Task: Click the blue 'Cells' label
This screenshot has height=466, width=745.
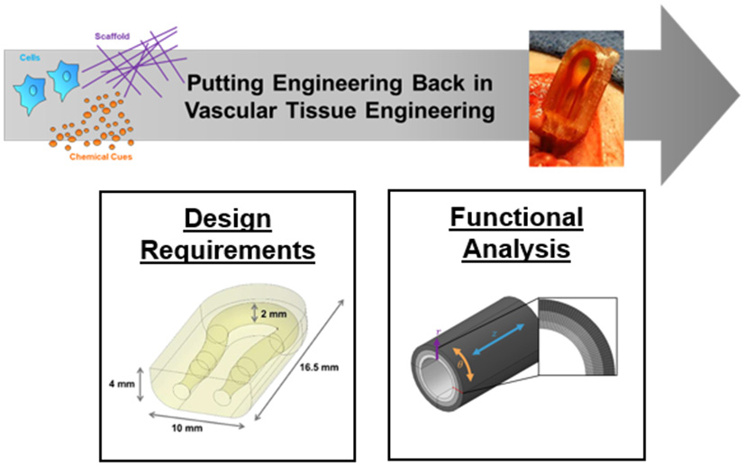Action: coord(30,58)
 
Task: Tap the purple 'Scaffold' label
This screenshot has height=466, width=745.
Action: coord(112,36)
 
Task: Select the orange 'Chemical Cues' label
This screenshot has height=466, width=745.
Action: coord(101,157)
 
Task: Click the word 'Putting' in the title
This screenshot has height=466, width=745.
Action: coord(224,83)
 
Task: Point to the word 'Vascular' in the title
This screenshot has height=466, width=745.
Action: coord(231,110)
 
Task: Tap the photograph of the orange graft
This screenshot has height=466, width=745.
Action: coord(577,98)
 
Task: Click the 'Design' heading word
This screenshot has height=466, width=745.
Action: coord(228,219)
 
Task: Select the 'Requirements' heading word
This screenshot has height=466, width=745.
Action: coord(228,250)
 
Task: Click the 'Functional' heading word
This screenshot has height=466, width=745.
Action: coord(516,217)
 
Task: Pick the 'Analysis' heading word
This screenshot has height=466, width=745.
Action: coord(516,249)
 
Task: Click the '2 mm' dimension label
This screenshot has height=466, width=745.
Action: coord(274,314)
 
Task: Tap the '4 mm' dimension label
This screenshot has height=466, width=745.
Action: coord(122,384)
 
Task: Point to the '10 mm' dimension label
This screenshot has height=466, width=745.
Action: coord(186,428)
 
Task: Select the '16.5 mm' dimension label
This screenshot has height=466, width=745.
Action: coord(319,367)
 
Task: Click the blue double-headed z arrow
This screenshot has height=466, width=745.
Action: coord(499,340)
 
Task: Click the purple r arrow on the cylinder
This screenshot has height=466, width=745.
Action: coord(437,349)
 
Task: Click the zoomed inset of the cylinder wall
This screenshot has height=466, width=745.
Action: coord(577,336)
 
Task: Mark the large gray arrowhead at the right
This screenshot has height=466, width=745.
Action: coord(698,96)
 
